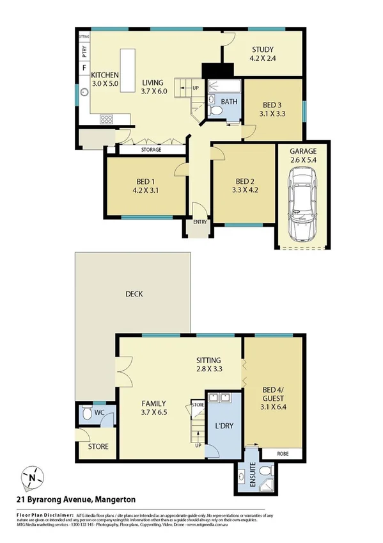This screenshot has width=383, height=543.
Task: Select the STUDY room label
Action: pos(262,49)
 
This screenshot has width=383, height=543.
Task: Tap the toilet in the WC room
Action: pos(88,416)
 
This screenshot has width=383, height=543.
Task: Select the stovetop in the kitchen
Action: pos(106,118)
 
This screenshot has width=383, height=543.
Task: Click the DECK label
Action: pos(134,295)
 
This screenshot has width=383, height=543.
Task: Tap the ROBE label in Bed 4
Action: pos(281,453)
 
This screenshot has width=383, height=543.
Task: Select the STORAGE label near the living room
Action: pos(151,150)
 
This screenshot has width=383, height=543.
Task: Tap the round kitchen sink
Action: pos(82,92)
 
